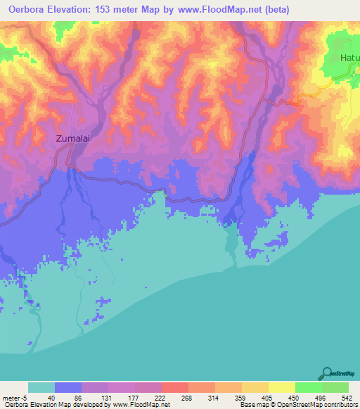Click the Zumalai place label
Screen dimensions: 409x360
[x=74, y=139]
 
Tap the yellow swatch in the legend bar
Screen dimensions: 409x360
[x=281, y=388]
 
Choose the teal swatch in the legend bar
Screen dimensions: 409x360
[x=41, y=388]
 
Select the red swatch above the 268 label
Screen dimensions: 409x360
[x=174, y=388]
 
